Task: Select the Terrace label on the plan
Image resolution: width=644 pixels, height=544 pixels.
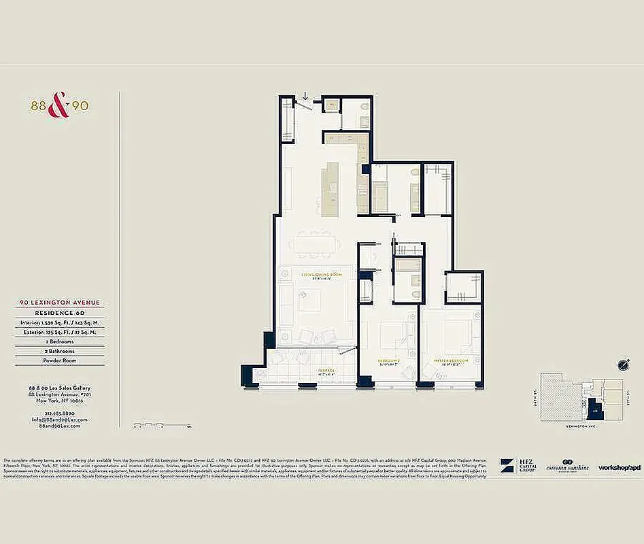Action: point(326,371)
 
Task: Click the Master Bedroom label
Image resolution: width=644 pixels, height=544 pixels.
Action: point(452,360)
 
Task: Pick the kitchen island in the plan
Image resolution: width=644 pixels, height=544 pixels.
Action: point(330,186)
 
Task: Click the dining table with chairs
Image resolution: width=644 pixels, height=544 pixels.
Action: point(314,243)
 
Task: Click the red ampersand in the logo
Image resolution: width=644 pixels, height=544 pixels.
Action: point(60,106)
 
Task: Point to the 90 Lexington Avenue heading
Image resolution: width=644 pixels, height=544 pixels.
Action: point(60,303)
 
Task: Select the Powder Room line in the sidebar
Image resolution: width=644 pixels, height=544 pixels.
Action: point(60,360)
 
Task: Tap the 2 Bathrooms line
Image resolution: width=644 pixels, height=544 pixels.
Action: point(60,351)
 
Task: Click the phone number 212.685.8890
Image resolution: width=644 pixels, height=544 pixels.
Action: point(60,412)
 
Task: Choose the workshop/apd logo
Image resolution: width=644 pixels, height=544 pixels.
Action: point(619,467)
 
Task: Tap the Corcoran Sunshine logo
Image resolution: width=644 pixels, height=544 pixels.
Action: point(567,466)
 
